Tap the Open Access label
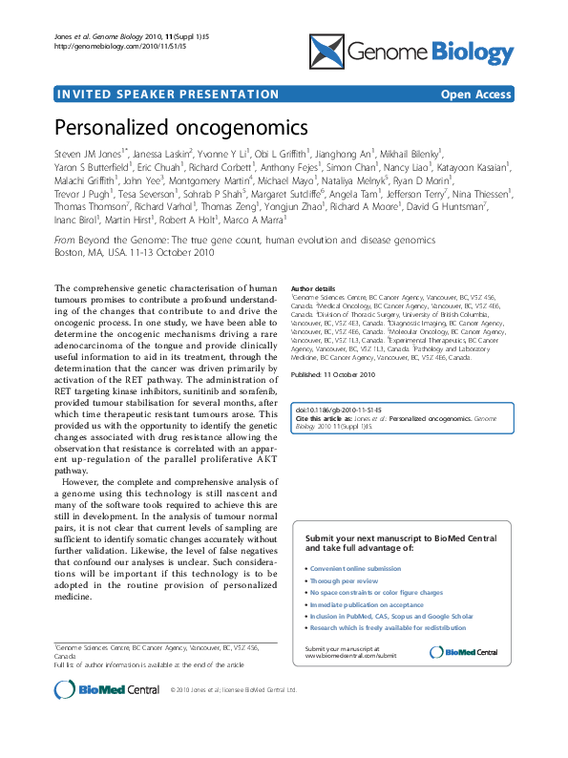point(475,95)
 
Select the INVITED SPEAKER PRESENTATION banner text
point(168,95)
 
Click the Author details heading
point(313,288)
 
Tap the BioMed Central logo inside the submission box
point(464,652)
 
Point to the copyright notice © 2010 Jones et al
point(233,716)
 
